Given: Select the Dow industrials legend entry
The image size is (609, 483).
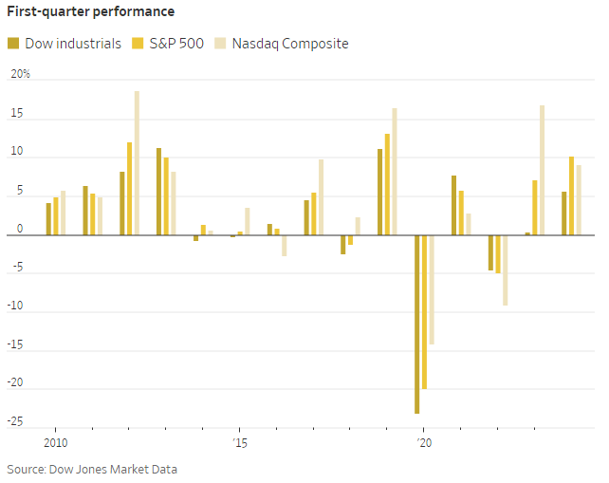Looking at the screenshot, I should [x=65, y=44].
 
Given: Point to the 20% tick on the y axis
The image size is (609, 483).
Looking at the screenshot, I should [x=20, y=74].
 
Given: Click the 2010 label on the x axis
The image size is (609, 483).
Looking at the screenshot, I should [x=56, y=442].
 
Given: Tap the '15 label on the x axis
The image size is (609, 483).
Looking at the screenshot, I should [x=239, y=442].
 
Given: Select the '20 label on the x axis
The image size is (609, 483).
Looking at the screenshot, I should [x=423, y=442].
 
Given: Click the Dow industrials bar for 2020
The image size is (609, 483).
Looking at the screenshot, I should [x=416, y=324].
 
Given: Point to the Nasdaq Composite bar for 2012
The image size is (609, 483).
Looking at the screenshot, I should [x=137, y=162].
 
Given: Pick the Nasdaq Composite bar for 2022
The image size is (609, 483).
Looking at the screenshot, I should [x=506, y=269].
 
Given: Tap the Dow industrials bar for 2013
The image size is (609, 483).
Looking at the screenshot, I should [x=158, y=191].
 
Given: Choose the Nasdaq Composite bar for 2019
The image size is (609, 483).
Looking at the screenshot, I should [x=395, y=171].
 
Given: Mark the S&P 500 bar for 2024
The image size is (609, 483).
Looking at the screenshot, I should [x=571, y=195].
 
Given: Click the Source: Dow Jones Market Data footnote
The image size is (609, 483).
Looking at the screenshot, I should [x=92, y=469].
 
